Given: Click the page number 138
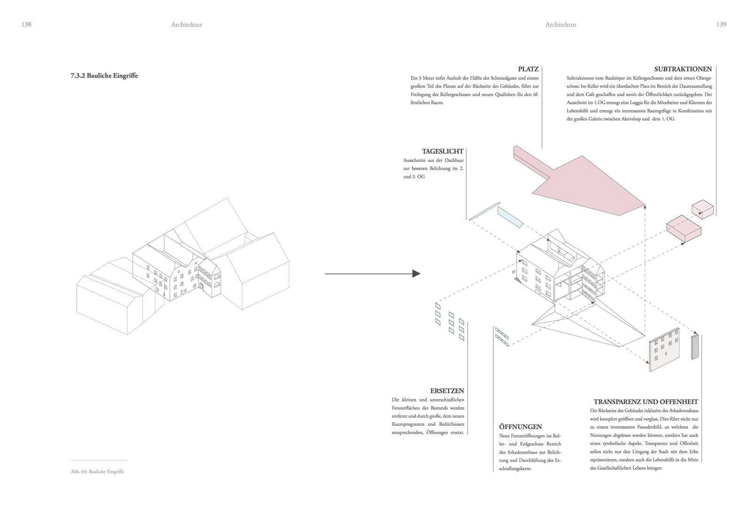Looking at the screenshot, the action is pyautogui.click(x=26, y=24).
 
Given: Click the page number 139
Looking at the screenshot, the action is pyautogui.click(x=721, y=24).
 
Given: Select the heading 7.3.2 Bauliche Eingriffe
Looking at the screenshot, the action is pyautogui.click(x=104, y=76).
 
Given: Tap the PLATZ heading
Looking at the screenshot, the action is pyautogui.click(x=528, y=70).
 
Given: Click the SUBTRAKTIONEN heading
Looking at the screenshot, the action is pyautogui.click(x=683, y=70).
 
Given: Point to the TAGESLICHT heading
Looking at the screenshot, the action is pyautogui.click(x=442, y=151).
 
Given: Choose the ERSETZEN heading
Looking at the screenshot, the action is pyautogui.click(x=447, y=391).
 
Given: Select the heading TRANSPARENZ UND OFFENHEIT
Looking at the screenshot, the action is pyautogui.click(x=646, y=402).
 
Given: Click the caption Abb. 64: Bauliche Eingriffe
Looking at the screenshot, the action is pyautogui.click(x=97, y=471).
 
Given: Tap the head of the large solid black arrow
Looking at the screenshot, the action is pyautogui.click(x=416, y=274).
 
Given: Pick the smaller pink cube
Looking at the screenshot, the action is pyautogui.click(x=703, y=209).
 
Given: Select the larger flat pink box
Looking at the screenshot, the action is pyautogui.click(x=684, y=229).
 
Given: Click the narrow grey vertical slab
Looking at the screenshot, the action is pyautogui.click(x=695, y=347).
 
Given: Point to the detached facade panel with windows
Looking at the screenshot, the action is pyautogui.click(x=664, y=350).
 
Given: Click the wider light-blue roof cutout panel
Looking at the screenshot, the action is pyautogui.click(x=510, y=217).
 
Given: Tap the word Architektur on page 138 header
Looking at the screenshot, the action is pyautogui.click(x=187, y=24).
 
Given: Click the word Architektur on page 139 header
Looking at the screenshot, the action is pyautogui.click(x=561, y=24).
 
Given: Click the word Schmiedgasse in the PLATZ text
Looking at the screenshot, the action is pyautogui.click(x=503, y=78).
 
